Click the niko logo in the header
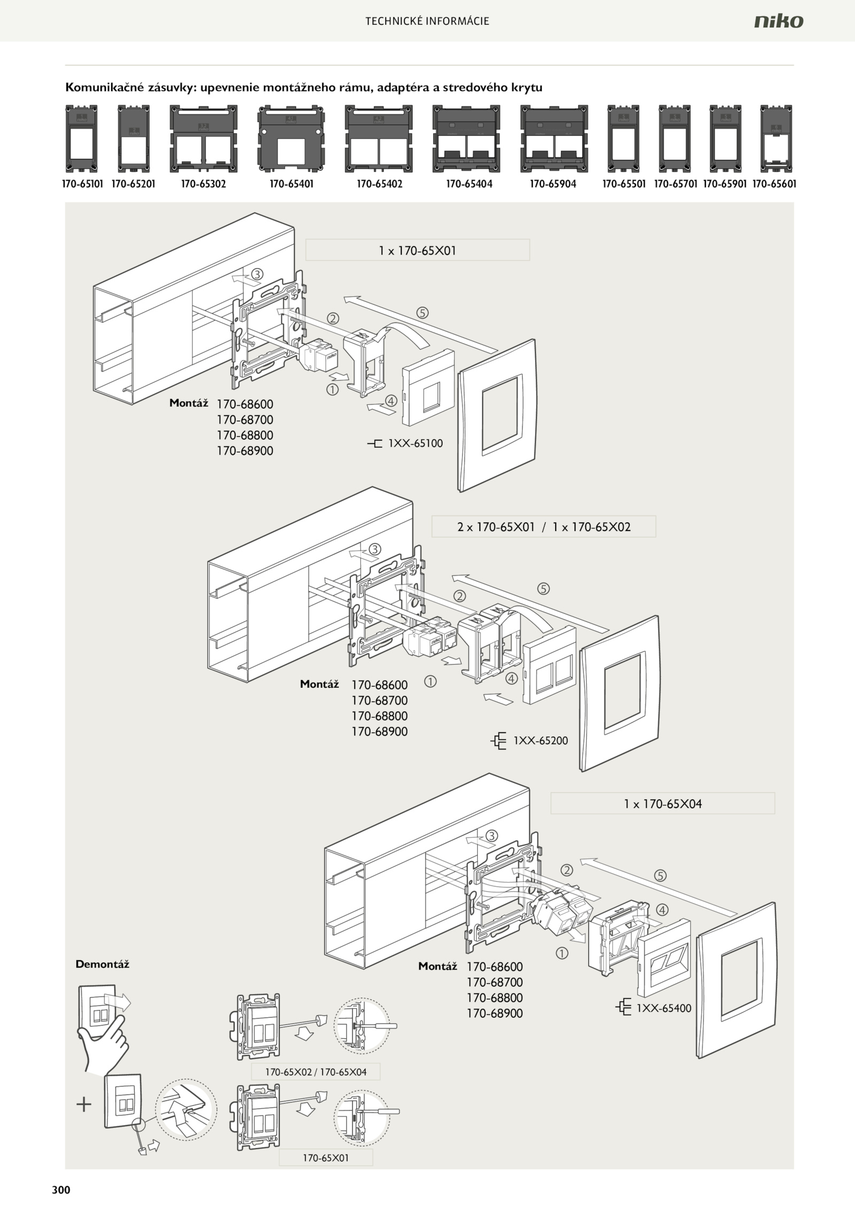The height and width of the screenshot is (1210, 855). pos(779,21)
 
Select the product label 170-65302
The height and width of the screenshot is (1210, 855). pos(203,184)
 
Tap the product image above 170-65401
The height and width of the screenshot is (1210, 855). pos(291,138)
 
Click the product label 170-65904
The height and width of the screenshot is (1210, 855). pos(553,184)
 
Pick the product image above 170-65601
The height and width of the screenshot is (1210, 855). pos(776,138)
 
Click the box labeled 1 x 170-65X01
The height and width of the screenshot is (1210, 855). pos(417,250)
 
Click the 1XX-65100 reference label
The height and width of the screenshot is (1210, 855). pos(415,443)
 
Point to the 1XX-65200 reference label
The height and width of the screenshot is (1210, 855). pos(541,741)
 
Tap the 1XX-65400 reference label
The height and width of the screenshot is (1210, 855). pos(664,1008)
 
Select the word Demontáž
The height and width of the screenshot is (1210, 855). pos(103,964)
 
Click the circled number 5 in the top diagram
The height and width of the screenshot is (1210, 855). pos(423,313)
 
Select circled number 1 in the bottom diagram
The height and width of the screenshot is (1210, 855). pos(562,952)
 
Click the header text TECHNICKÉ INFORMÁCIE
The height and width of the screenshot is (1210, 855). pos(428,21)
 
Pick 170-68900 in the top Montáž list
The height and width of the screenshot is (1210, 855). pos(245,451)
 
